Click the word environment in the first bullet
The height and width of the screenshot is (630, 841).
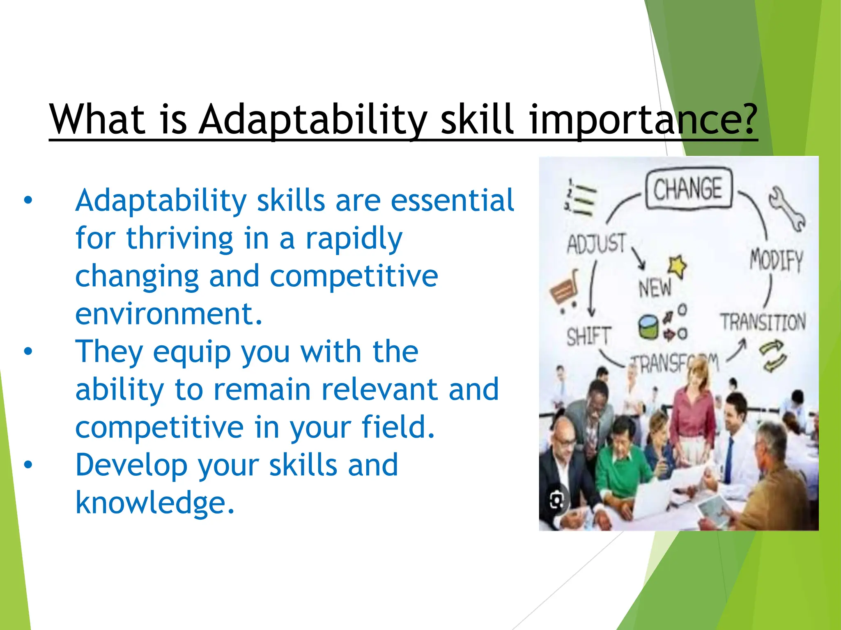[168, 314]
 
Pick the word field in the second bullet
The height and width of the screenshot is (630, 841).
[398, 427]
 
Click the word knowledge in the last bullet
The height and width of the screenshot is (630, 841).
[155, 503]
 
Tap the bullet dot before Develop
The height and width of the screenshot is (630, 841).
[28, 465]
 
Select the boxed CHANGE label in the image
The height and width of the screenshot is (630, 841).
[688, 189]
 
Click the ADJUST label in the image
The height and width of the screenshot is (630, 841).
[596, 244]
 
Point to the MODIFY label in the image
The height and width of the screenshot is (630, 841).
[776, 260]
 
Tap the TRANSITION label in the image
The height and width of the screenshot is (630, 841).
[763, 322]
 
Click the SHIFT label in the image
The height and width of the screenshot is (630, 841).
[589, 336]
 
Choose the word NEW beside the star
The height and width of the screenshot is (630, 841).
[655, 288]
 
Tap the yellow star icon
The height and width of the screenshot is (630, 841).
[677, 266]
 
